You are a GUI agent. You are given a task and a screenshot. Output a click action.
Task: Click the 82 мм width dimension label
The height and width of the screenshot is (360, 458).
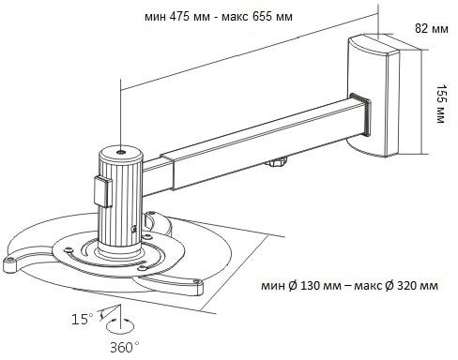432,29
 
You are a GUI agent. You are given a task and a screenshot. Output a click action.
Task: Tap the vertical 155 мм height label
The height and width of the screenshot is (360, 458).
441,103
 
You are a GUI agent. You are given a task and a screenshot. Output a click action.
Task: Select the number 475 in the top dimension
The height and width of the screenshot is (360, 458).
179,16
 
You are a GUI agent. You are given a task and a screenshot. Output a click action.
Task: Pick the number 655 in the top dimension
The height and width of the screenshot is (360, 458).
262,16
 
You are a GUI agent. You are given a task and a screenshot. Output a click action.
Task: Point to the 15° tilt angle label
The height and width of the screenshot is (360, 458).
83,320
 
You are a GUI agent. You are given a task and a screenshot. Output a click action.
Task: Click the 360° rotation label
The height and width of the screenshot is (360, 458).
125,347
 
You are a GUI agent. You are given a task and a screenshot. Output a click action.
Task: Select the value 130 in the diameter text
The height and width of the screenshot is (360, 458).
311,286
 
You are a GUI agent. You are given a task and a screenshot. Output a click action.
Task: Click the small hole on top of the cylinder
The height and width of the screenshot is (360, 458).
121,152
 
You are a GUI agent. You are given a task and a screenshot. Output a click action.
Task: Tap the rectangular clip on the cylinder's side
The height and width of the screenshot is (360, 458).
102,191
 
